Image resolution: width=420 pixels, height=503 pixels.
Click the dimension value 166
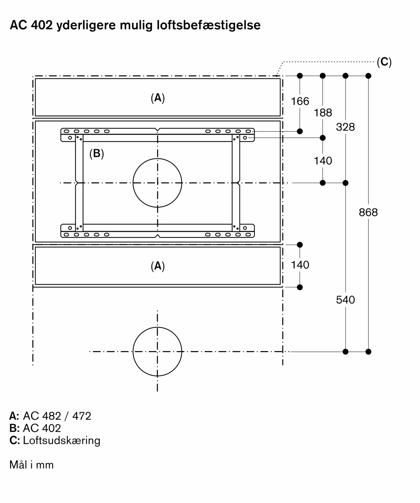(300, 101)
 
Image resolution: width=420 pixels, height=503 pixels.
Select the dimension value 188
(323, 113)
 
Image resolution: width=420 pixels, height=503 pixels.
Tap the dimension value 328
(345, 127)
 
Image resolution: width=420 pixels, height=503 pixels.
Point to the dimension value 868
(368, 213)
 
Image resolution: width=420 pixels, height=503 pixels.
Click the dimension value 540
(345, 300)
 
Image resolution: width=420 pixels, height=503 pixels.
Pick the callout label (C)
(384, 62)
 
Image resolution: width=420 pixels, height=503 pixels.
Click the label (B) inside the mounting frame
(97, 153)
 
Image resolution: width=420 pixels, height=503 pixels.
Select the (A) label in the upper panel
(158, 98)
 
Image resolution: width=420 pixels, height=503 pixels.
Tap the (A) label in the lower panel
(158, 266)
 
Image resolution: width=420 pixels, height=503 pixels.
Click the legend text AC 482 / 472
(57, 416)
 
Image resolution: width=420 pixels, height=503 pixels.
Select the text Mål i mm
(31, 465)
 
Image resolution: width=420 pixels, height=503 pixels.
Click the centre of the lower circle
(157, 352)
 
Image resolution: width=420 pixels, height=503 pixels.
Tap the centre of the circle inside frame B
(157, 183)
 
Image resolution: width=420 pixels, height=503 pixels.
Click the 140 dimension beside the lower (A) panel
(300, 265)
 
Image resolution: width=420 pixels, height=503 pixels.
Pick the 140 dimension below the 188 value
(323, 161)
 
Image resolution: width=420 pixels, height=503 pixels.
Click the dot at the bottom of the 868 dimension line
(368, 352)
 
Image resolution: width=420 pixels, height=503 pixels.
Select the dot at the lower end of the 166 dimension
(300, 131)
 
